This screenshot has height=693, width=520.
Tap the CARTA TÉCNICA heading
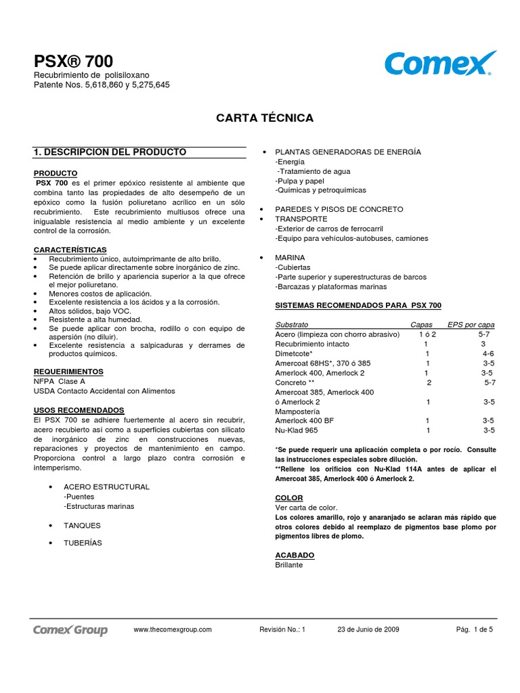click(x=265, y=118)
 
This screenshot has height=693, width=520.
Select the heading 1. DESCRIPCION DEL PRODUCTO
click(x=110, y=152)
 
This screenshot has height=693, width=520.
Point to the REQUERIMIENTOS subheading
click(x=68, y=372)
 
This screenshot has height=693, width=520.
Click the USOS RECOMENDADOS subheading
click(x=79, y=410)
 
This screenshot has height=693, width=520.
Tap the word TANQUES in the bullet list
click(x=82, y=525)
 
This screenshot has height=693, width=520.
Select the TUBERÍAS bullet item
click(x=83, y=543)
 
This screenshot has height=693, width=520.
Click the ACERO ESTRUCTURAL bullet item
click(x=106, y=487)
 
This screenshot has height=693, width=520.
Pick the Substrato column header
click(x=292, y=325)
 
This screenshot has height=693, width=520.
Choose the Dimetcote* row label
click(x=294, y=353)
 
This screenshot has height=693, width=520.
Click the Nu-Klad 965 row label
click(x=297, y=430)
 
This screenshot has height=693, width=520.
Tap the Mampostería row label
click(x=299, y=411)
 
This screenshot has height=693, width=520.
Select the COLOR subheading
click(x=289, y=497)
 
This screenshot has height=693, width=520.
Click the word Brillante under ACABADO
click(x=289, y=564)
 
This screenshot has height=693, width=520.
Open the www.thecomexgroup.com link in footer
click(x=173, y=629)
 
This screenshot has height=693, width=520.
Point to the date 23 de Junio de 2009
click(x=368, y=629)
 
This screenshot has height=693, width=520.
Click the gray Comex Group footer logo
click(x=70, y=630)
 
